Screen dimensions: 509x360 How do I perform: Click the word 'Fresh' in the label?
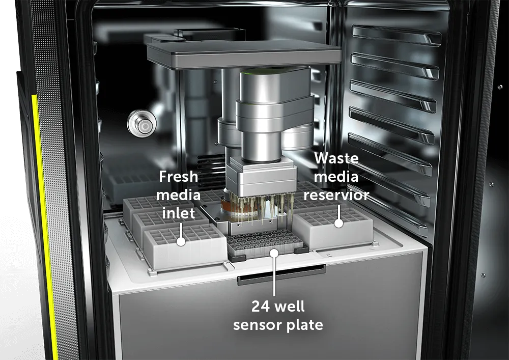point(178,177)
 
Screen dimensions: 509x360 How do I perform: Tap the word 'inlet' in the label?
point(178,213)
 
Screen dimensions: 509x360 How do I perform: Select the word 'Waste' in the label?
point(336,158)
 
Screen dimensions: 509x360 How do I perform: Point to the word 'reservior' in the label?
point(336,195)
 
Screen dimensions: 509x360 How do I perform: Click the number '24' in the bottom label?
point(260,307)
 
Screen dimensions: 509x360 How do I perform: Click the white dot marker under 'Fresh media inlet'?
point(181,241)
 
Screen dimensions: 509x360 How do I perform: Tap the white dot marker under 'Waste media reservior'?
point(338,224)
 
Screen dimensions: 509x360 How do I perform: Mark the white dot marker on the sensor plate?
point(275,253)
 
